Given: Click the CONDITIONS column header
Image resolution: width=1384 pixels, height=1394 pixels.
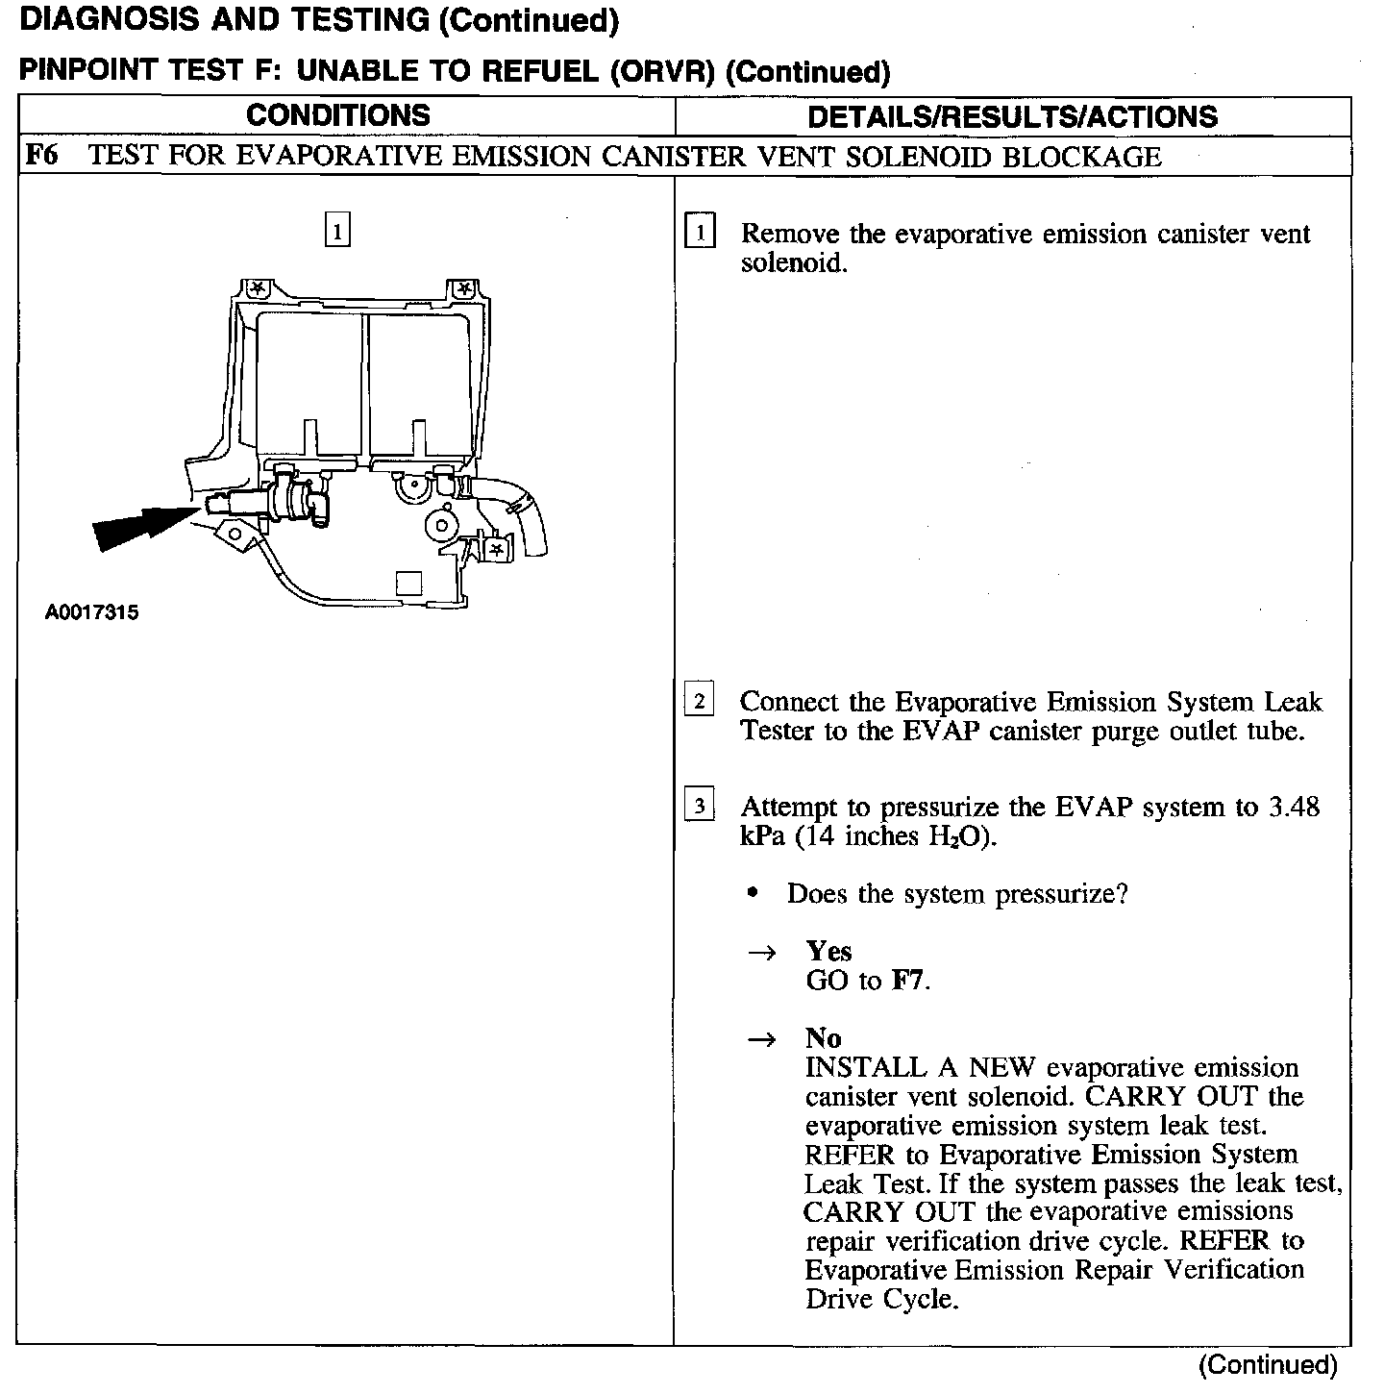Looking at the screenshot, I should point(338,115).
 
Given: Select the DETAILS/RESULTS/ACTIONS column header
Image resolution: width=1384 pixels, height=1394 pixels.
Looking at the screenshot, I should point(1012,117).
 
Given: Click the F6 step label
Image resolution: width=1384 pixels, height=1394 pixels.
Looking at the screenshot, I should point(40,156).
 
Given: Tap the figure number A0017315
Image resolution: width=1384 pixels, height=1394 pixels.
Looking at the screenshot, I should point(91,612).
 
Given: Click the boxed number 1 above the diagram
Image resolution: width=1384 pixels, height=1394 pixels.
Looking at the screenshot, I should point(337,232).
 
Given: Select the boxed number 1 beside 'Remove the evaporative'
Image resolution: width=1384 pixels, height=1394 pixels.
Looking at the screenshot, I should point(700,234).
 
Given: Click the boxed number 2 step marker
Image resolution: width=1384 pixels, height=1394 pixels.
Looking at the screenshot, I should point(699,702).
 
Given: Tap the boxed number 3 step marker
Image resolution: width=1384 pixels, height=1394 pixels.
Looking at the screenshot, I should point(699,806).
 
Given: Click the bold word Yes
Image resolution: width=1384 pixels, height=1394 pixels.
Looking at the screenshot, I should point(828,951).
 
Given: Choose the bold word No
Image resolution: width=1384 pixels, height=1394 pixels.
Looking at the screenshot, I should point(823,1038).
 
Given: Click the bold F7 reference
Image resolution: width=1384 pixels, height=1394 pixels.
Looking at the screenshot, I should point(909,981).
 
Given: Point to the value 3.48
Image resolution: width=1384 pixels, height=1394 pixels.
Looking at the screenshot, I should point(1294,807).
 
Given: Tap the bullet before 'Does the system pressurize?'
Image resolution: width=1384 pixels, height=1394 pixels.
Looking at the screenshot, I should point(753,894).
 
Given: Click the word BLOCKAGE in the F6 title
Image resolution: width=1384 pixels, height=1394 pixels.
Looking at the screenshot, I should point(1081,157).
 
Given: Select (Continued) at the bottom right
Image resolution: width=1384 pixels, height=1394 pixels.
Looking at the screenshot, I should point(1268,1365).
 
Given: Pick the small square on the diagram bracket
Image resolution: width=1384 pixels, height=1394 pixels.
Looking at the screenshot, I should point(408,583).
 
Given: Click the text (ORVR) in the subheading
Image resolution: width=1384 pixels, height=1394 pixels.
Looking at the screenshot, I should point(664,72).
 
